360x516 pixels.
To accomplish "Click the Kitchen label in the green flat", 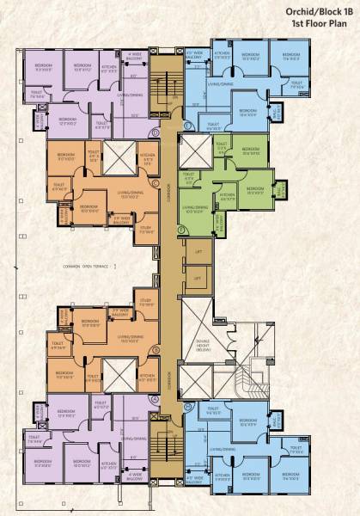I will [x=228, y=197].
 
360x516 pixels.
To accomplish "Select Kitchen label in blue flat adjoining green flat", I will [x=222, y=57].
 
